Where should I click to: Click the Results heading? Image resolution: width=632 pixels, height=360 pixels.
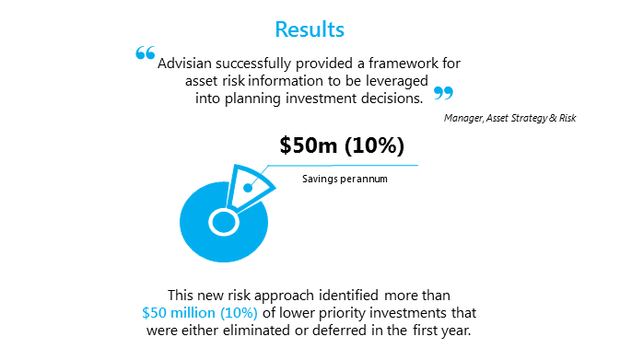pos(310,29)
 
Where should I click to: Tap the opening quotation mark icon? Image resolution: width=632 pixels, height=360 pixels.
pos(145,54)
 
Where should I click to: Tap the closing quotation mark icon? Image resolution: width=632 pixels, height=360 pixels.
pos(443,93)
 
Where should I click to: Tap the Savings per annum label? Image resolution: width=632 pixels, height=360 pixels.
pos(345,178)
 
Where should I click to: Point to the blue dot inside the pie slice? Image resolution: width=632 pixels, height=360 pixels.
pos(248,188)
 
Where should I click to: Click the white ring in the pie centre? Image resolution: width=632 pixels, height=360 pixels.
pos(221,222)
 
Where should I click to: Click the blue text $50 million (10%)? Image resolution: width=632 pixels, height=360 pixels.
pos(200,313)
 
